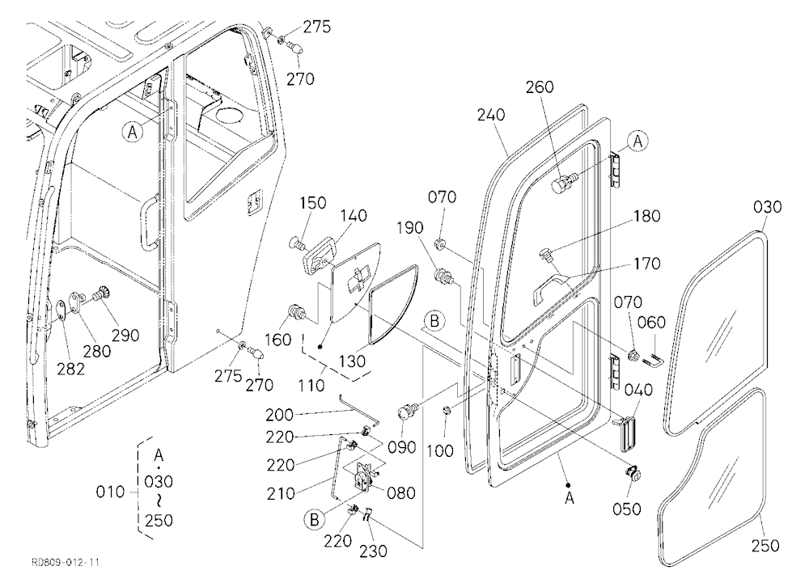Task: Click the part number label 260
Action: (540, 87)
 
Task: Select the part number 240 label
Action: (491, 115)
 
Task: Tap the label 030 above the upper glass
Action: (767, 207)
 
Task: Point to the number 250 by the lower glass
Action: (765, 545)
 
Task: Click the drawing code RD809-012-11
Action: (66, 562)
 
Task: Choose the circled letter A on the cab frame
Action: (133, 132)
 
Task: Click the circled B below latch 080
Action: (314, 519)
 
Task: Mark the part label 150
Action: (312, 203)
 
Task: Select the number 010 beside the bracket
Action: (110, 492)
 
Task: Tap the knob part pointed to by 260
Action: (562, 184)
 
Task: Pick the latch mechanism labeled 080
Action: (364, 476)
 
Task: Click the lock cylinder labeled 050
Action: (633, 472)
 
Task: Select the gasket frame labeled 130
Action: (394, 303)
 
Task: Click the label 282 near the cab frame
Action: (70, 369)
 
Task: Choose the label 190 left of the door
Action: (410, 227)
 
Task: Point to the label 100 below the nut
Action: (441, 450)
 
